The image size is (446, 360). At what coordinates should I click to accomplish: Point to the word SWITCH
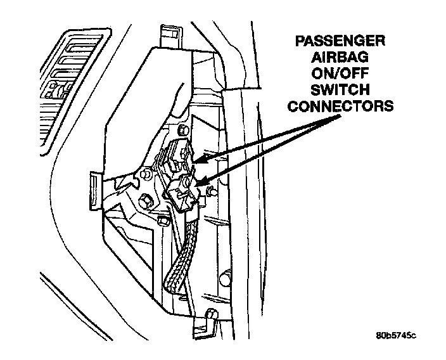pyautogui.click(x=341, y=90)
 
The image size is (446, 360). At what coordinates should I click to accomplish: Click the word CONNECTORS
pyautogui.click(x=341, y=105)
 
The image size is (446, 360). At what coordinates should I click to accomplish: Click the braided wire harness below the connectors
pyautogui.click(x=181, y=254)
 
